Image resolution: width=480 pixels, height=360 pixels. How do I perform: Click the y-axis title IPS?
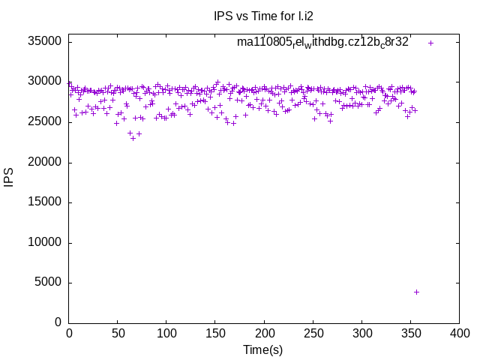[x=10, y=178]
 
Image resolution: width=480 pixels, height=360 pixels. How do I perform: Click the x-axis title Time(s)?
[x=262, y=349]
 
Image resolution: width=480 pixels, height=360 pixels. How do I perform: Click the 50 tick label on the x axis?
[x=118, y=333]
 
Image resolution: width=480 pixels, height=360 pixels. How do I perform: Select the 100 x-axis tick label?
[x=166, y=333]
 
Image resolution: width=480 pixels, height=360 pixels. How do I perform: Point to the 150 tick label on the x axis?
[x=215, y=333]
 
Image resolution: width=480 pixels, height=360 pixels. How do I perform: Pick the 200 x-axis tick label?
[x=264, y=333]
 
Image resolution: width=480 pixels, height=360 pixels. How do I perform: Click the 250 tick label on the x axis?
[x=313, y=333]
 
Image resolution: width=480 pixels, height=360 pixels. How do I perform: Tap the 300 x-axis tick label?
[x=361, y=333]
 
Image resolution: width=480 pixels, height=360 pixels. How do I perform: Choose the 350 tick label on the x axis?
[x=410, y=333]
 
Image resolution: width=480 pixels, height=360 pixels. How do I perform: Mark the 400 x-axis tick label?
[x=459, y=333]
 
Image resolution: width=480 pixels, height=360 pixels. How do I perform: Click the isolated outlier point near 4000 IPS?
[x=416, y=292]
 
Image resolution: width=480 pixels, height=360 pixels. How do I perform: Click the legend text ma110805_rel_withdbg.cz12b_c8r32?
[x=322, y=43]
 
